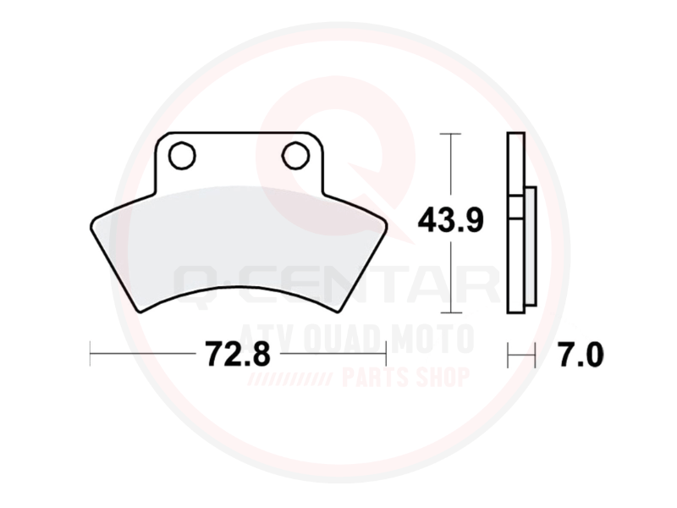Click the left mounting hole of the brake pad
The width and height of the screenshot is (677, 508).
tap(182, 156)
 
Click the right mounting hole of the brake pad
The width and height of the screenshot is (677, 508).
tap(295, 155)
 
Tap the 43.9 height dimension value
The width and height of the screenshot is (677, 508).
tap(450, 220)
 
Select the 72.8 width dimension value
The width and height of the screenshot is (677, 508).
tap(238, 353)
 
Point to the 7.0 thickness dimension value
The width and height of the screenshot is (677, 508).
tap(581, 354)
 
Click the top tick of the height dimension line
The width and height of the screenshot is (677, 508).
tap(450, 134)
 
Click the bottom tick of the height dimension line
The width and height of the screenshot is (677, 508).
tap(450, 312)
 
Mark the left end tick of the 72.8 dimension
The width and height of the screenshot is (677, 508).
tap(91, 353)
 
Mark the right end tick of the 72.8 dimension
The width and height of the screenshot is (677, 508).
tap(386, 353)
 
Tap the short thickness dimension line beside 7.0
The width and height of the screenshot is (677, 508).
tap(521, 356)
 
